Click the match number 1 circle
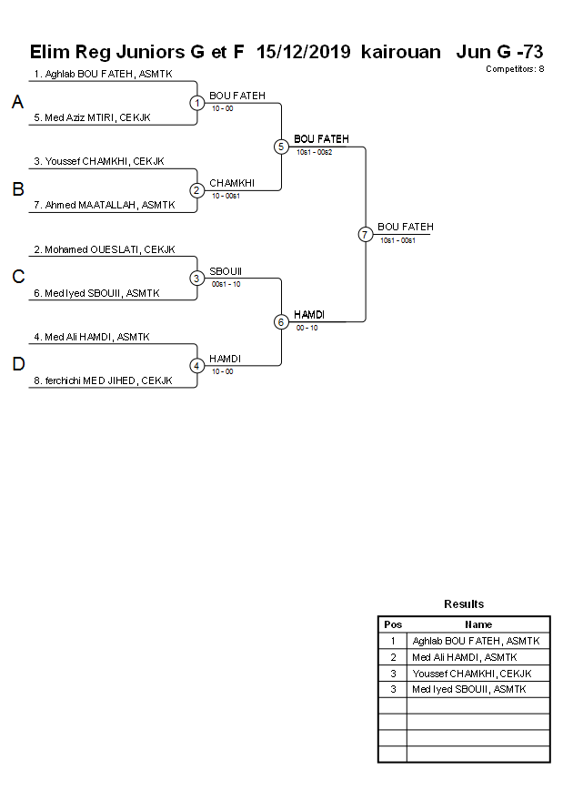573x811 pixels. click(x=197, y=103)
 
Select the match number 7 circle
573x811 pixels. click(x=365, y=234)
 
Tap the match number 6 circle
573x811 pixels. click(x=281, y=321)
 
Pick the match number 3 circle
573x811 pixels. click(x=197, y=278)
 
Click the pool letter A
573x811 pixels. click(x=17, y=103)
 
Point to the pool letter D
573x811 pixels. click(x=17, y=365)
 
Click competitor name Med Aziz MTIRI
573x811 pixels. click(x=92, y=117)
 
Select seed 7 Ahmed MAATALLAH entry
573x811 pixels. click(x=100, y=205)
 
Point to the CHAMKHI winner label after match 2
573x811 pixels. click(x=232, y=183)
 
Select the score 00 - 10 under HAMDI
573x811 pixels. click(x=307, y=327)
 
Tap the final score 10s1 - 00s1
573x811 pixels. click(x=397, y=239)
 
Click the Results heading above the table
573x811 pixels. click(x=464, y=603)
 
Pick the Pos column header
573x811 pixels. click(x=393, y=624)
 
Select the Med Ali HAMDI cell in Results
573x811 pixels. click(x=465, y=657)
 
